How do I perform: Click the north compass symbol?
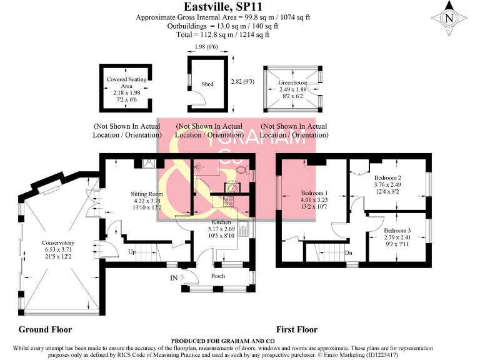tap(449, 18)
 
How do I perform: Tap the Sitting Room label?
tap(147, 194)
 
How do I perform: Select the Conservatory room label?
tap(58, 243)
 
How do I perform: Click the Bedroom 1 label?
tap(315, 192)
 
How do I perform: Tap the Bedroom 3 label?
tap(397, 230)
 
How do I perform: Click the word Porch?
tap(219, 274)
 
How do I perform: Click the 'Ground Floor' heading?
tap(45, 329)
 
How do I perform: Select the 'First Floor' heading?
tap(297, 329)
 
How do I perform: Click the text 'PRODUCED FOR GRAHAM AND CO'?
tap(240, 341)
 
